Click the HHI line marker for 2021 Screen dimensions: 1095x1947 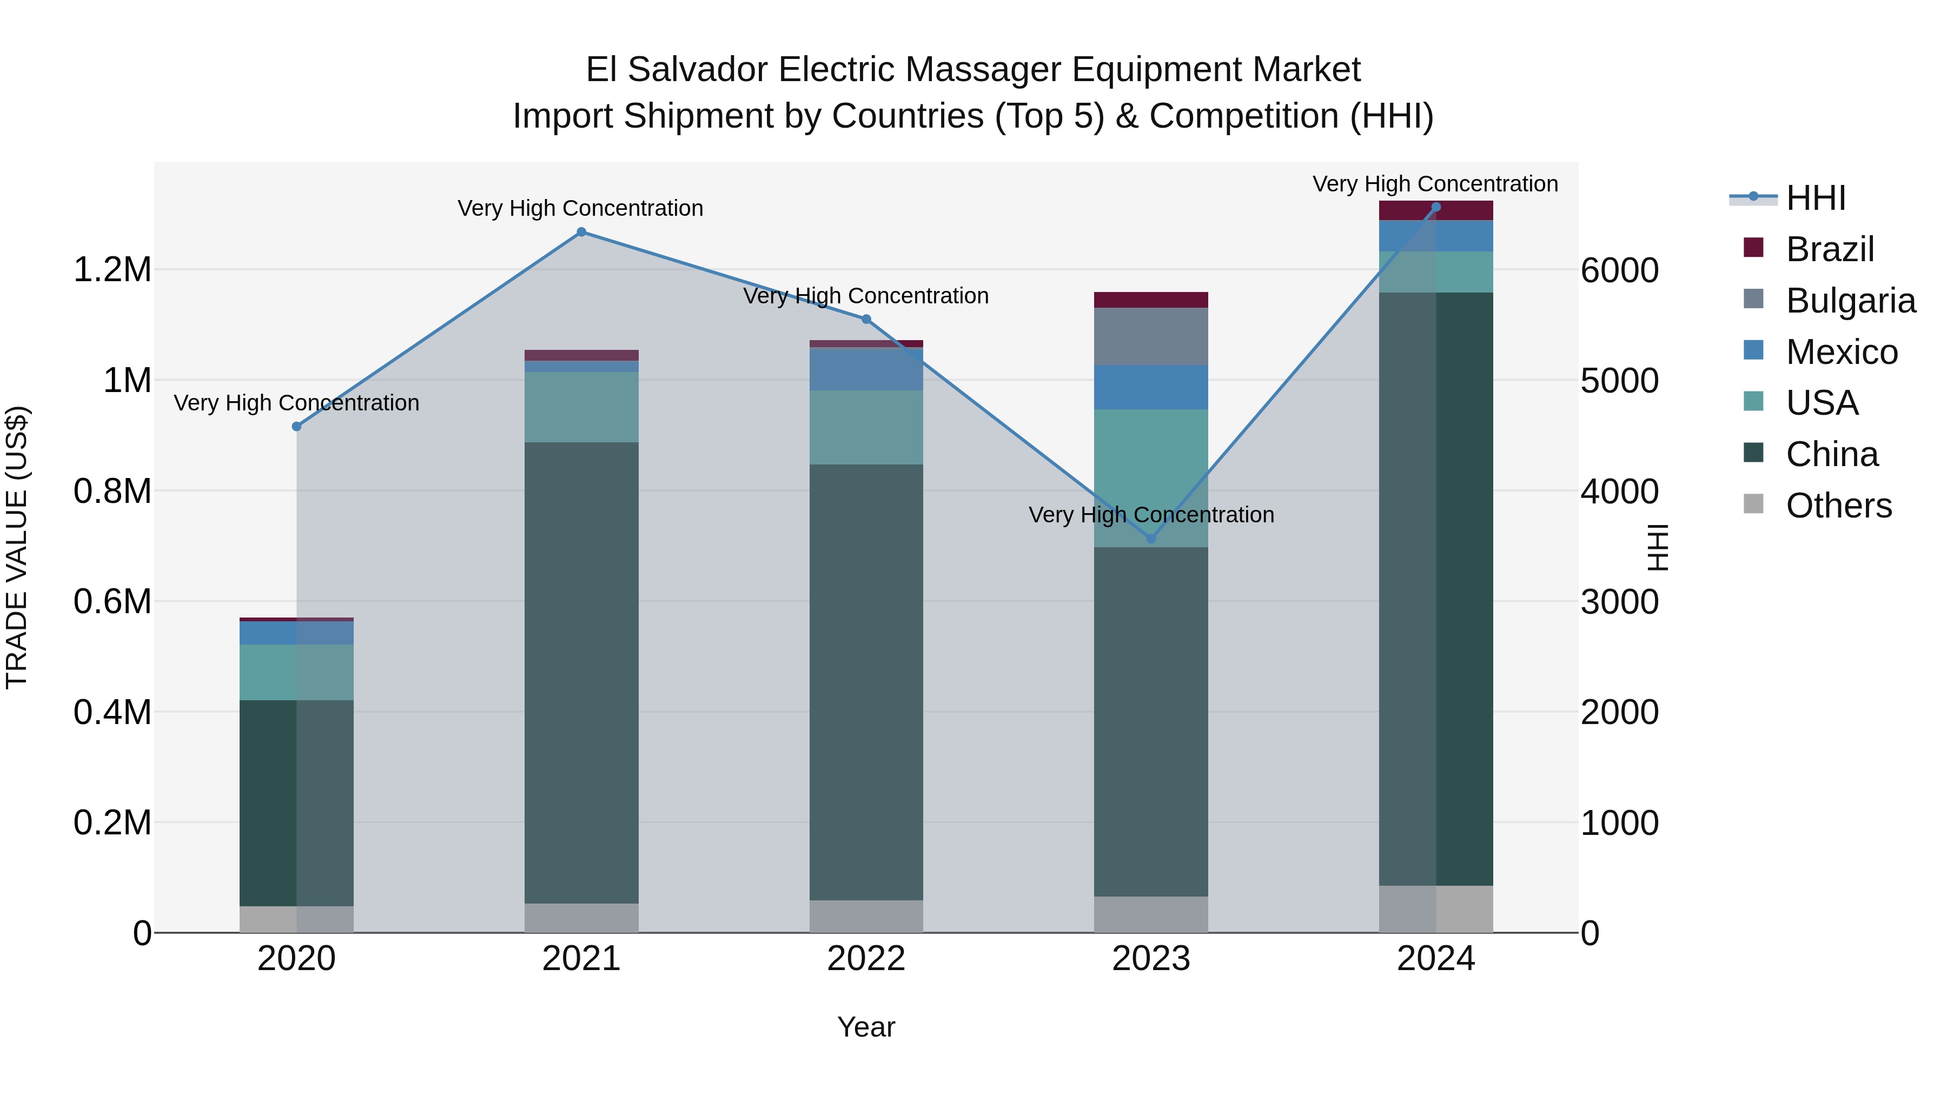(x=581, y=232)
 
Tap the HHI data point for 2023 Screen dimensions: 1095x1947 (x=1151, y=539)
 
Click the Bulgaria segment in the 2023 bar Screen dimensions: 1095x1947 (x=1150, y=336)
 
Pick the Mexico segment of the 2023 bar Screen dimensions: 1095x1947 (x=1150, y=387)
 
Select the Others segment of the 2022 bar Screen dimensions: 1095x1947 (x=866, y=916)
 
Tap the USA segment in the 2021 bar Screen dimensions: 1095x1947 (x=581, y=407)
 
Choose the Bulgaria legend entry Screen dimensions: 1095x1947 (x=1850, y=301)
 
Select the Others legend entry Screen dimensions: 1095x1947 (x=1838, y=506)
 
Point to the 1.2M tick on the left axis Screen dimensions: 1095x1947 (x=112, y=270)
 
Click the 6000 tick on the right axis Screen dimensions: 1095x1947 (x=1619, y=270)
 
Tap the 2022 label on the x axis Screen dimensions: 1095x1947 (x=866, y=959)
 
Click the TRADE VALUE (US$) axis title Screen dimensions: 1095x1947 (x=17, y=547)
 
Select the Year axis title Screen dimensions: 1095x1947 (x=866, y=1027)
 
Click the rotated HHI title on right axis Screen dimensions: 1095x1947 (x=1657, y=547)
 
